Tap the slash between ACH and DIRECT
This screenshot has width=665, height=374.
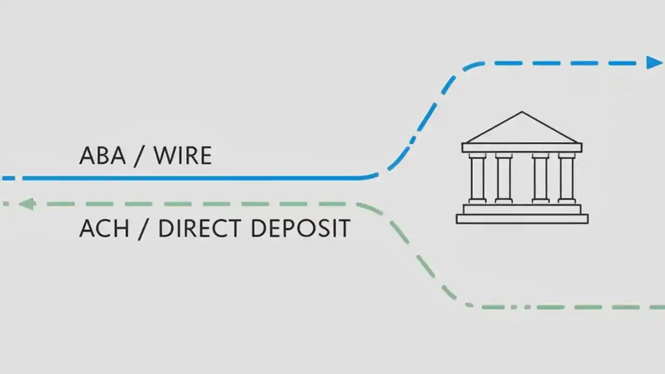point(141,229)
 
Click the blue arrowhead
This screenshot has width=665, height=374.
point(654,63)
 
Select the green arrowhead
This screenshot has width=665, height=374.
point(27,204)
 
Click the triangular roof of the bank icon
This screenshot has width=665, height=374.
point(522,130)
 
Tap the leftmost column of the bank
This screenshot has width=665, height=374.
point(477,178)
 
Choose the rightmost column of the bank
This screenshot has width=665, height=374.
point(566,178)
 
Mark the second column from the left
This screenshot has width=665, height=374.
point(503,178)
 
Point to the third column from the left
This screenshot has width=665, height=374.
point(540,178)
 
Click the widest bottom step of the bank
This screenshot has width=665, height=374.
point(522,219)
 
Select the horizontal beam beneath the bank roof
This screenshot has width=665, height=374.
point(522,148)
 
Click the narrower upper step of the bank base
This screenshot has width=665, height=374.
point(522,209)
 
